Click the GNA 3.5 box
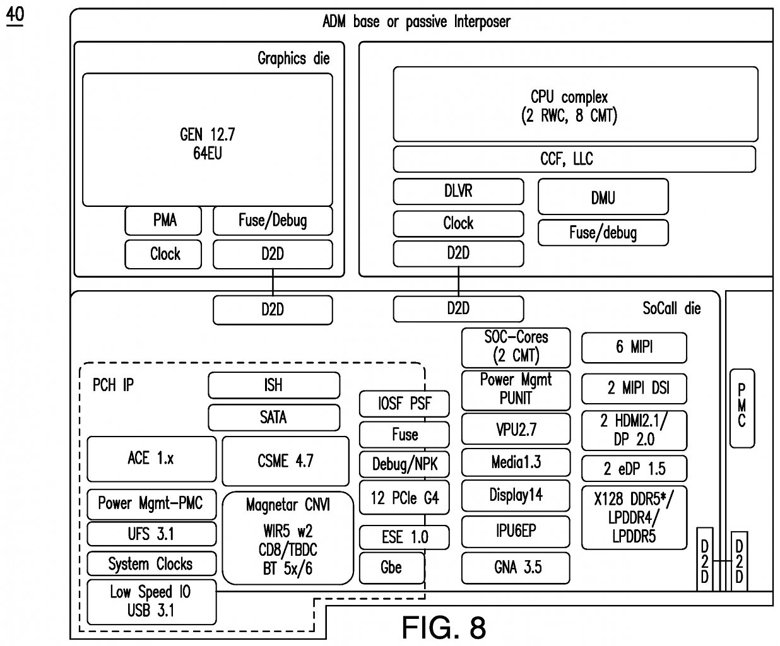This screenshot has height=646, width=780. (516, 568)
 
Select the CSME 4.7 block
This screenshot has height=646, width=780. (285, 461)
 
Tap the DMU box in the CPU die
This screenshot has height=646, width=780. (603, 196)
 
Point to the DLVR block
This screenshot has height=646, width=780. (458, 192)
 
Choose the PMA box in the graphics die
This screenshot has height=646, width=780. (163, 220)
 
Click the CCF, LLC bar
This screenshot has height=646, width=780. (574, 159)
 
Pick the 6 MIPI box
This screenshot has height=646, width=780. (634, 347)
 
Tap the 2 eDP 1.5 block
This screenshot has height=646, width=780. (634, 468)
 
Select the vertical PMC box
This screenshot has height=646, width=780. (742, 408)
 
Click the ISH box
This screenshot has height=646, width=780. (274, 385)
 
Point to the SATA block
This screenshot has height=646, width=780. (274, 418)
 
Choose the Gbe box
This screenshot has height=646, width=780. (392, 568)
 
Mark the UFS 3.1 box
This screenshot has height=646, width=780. (151, 534)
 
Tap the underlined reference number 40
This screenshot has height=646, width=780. (15, 16)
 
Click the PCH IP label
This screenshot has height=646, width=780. (113, 385)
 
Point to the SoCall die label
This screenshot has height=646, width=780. (671, 308)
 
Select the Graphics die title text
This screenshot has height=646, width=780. (293, 59)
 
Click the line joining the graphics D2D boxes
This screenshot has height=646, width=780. (273, 282)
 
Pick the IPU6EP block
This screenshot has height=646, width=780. (516, 531)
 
